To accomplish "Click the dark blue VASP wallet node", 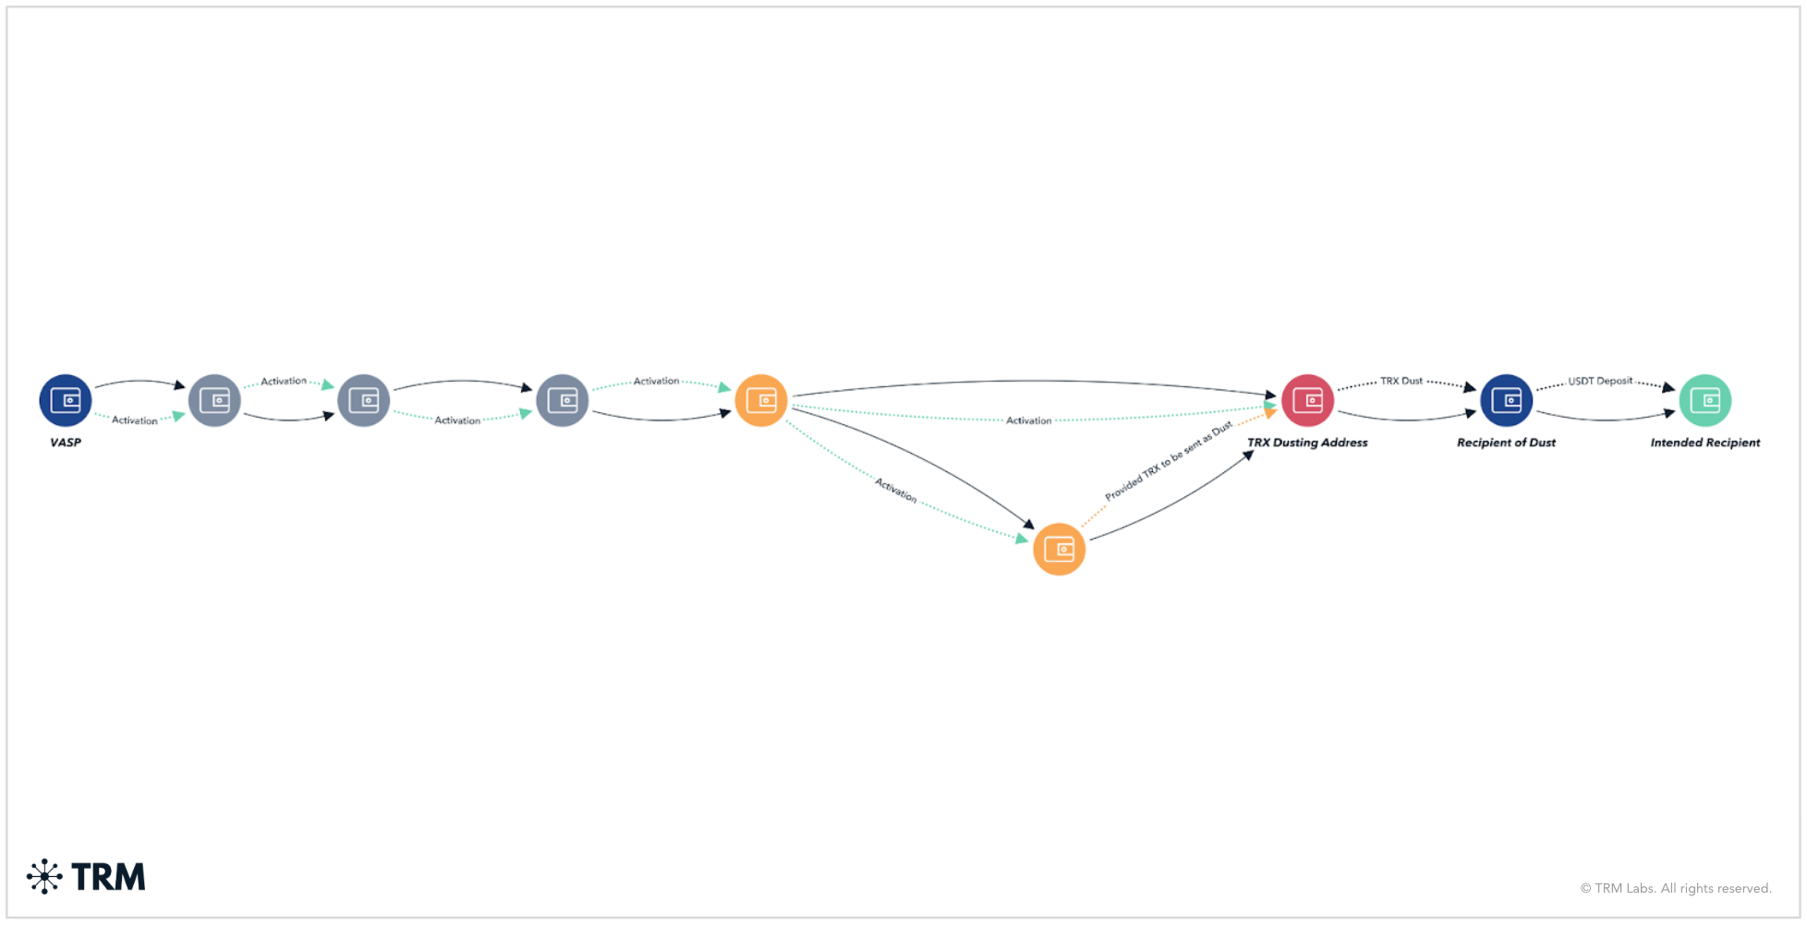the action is click(x=66, y=400).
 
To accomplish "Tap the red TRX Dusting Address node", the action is click(x=1307, y=400).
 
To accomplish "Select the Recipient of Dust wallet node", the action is click(x=1506, y=400).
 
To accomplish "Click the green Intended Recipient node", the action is click(x=1704, y=400).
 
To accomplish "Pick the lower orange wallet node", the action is click(x=1059, y=550).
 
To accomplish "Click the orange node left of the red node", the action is click(x=760, y=400).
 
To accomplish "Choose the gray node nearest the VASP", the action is click(x=214, y=400).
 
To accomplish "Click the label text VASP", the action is click(x=66, y=443).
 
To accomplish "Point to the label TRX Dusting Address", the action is click(x=1307, y=443).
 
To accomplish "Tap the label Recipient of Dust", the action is click(x=1506, y=443).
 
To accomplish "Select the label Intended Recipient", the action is click(x=1704, y=443).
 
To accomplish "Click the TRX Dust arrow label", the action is click(x=1401, y=381).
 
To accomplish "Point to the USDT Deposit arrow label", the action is click(x=1600, y=381).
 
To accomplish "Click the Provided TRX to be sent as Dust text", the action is click(x=1169, y=460).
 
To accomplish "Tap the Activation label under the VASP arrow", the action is click(x=135, y=420).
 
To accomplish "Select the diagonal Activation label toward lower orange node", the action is click(x=896, y=490).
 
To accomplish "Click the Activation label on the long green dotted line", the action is click(x=1028, y=420).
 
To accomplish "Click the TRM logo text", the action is click(x=108, y=877).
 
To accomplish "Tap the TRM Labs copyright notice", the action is click(x=1675, y=888).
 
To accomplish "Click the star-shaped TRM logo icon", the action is click(x=44, y=876).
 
